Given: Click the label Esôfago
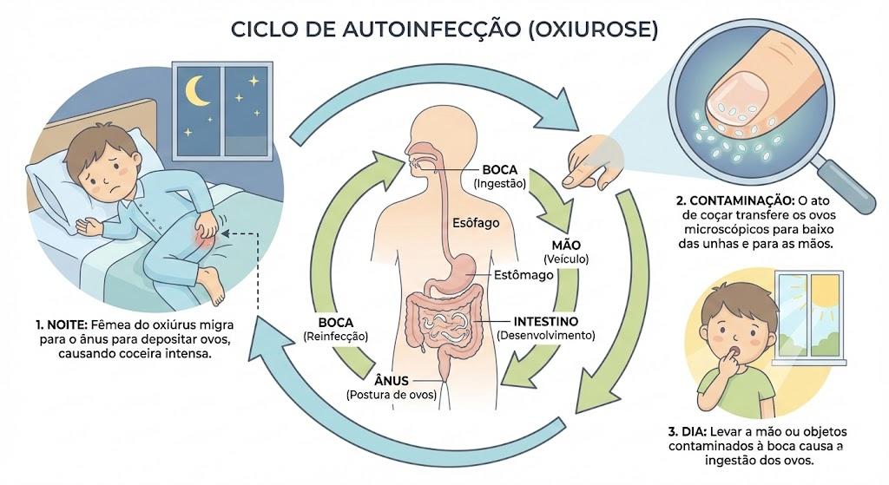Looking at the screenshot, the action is pos(476,223).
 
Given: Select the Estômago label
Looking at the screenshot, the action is pos(524,275).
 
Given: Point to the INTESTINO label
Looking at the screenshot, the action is pos(545,322).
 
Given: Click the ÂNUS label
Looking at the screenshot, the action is pos(392,380).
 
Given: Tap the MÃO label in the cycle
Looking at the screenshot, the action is pos(566,246).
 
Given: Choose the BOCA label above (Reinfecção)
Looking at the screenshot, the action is pos(336,323).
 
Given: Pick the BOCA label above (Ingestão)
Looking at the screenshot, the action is pos(499,169).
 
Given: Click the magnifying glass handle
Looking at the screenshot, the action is pos(844,185).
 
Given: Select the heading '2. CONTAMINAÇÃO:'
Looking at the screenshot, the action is pos(734,200).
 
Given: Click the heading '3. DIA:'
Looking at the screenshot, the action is pos(688,431).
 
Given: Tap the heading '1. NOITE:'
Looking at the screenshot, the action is pos(62,325).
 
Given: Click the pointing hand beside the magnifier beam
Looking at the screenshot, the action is pos(590,161).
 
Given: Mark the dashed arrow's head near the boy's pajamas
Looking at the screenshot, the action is pos(225,233).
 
